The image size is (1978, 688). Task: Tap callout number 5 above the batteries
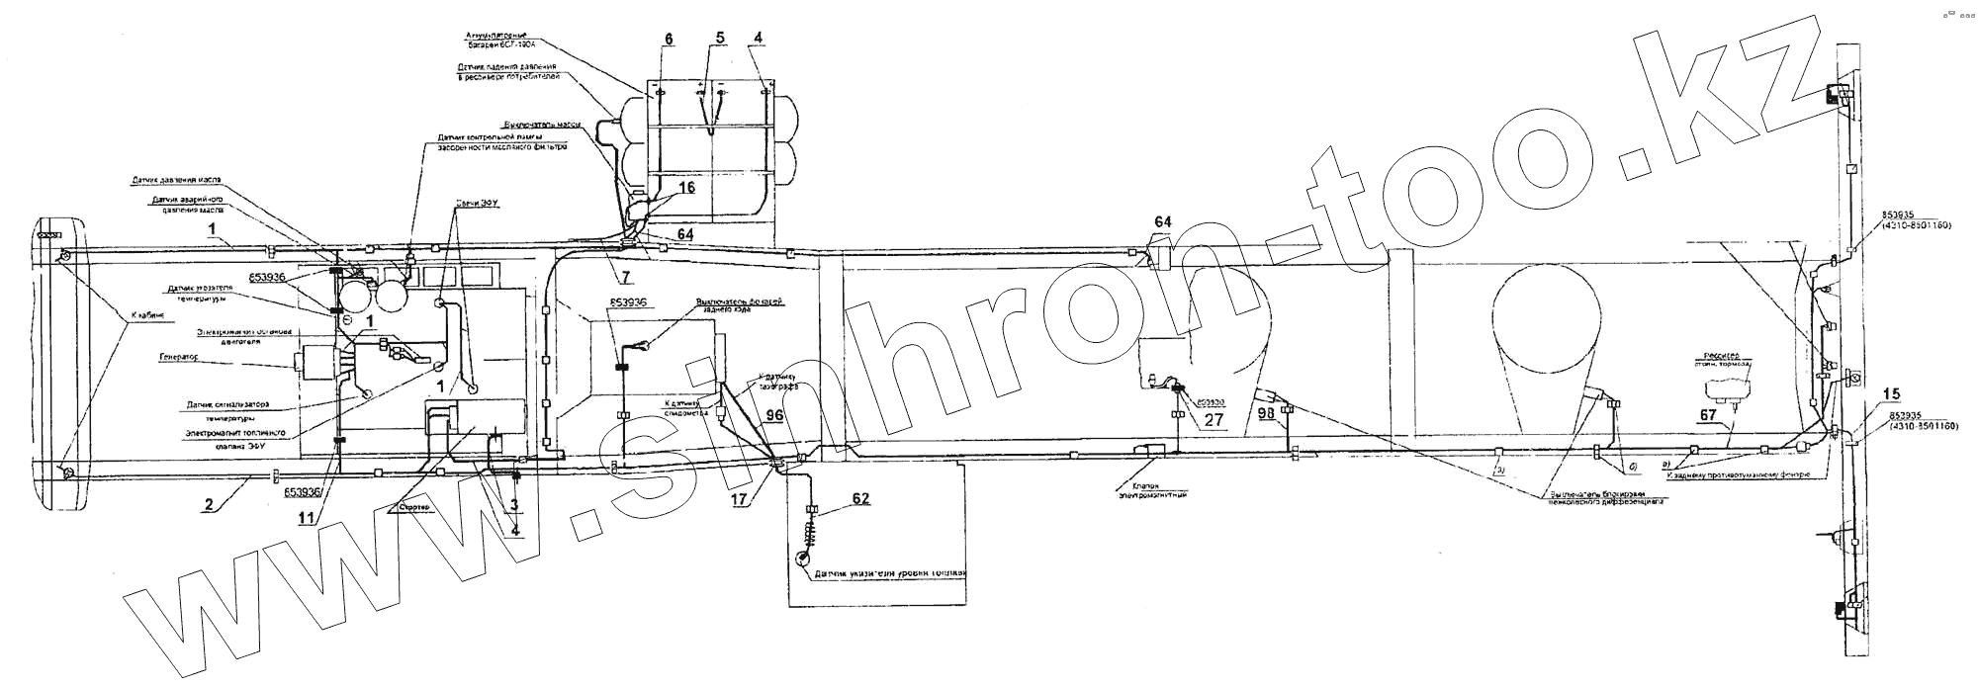720,38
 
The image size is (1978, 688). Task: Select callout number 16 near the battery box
686,187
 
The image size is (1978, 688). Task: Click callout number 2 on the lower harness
209,504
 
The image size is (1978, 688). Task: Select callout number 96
773,416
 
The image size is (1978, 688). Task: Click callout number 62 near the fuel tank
861,498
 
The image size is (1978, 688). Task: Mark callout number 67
1708,416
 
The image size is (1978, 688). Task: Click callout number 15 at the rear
1890,394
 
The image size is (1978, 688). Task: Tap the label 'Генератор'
179,356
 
